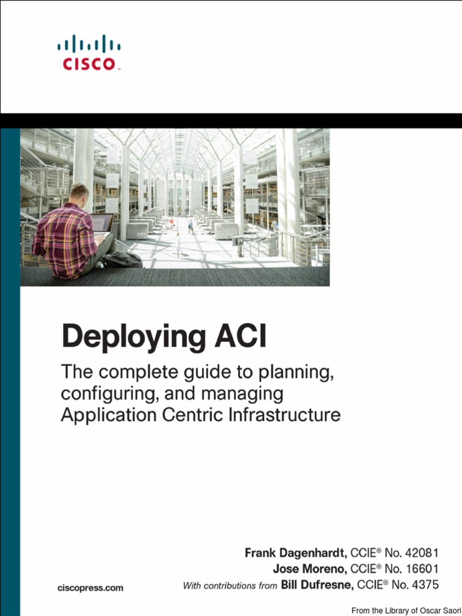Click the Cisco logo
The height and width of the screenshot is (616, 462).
tap(89, 52)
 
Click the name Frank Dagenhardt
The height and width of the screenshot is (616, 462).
tap(295, 553)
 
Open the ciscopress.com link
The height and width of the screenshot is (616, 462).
tap(90, 588)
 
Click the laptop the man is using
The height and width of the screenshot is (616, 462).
tap(102, 223)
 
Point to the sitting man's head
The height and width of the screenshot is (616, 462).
tap(79, 194)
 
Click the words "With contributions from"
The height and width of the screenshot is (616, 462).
tap(230, 585)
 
